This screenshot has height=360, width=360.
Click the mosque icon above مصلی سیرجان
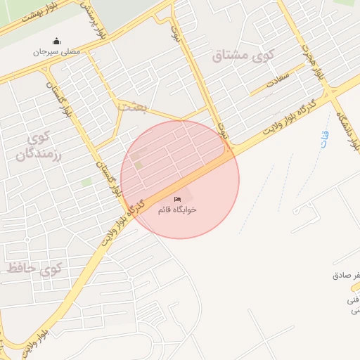[x=57, y=40]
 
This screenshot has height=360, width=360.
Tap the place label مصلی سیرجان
[x=57, y=52]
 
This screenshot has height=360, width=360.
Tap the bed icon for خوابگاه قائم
[x=176, y=200]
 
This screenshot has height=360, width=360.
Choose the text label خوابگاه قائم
[x=176, y=210]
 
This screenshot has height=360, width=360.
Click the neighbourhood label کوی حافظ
[x=35, y=268]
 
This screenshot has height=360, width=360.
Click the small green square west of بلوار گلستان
[x=86, y=182]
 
